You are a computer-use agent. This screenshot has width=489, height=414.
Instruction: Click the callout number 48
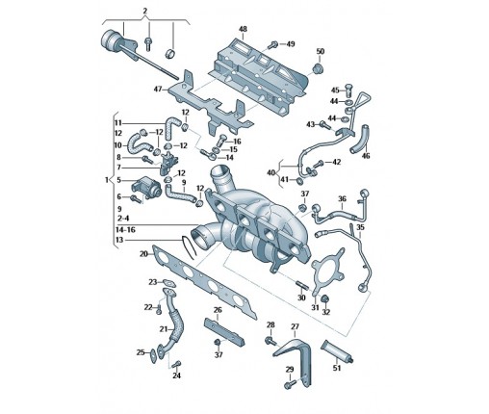pyautogui.click(x=243, y=29)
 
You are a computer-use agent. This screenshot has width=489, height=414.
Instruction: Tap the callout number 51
pyautogui.click(x=336, y=368)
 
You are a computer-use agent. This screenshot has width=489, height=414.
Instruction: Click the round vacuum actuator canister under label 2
pyautogui.click(x=111, y=39)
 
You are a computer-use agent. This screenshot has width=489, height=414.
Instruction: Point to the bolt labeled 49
pyautogui.click(x=274, y=44)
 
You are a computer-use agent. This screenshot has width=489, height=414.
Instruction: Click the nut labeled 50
pyautogui.click(x=319, y=69)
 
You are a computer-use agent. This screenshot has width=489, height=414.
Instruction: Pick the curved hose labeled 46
pyautogui.click(x=360, y=139)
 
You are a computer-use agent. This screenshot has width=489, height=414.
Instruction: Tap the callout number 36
pyautogui.click(x=343, y=199)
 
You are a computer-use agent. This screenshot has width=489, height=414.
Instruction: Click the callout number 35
pyautogui.click(x=360, y=227)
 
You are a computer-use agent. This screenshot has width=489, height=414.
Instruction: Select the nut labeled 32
pyautogui.click(x=325, y=299)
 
